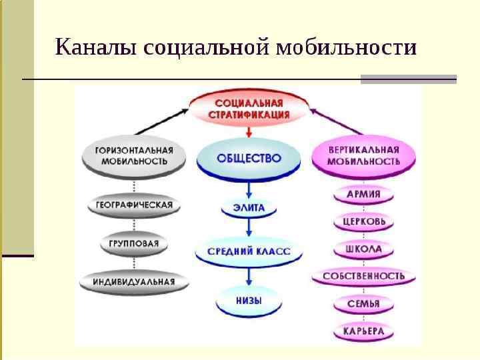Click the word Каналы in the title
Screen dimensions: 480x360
coord(95,49)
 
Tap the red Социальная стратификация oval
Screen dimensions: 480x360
coord(249,109)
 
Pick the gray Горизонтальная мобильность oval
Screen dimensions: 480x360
coord(133,156)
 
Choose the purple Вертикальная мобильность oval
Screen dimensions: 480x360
coord(363,156)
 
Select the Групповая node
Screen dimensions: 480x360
coord(133,243)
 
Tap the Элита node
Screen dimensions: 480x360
coord(249,207)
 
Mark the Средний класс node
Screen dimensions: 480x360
coord(249,253)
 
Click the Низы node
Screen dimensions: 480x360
coord(248,301)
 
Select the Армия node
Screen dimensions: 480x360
coord(363,195)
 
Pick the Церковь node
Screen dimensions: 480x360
coord(363,221)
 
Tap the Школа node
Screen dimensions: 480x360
coord(363,249)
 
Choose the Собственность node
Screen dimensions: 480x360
coord(363,275)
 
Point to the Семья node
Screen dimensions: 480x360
coord(363,304)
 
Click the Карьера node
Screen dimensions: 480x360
coord(363,331)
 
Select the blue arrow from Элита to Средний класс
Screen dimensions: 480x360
coord(249,228)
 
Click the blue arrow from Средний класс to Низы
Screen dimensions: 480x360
coord(249,276)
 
